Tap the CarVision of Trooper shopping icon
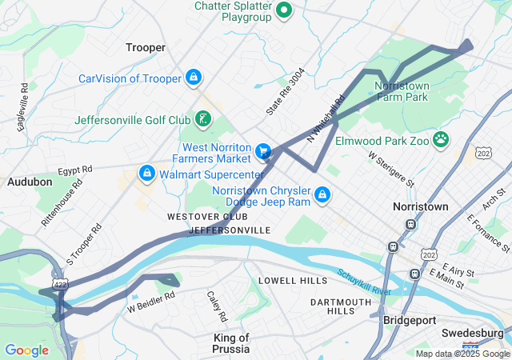point(193,78)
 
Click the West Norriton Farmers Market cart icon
point(262,150)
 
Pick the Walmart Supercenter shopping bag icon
point(146,173)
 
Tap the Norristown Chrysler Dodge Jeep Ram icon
point(322,194)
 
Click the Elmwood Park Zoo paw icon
point(440,140)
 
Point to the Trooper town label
point(146,47)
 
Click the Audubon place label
point(30,182)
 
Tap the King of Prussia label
point(232,343)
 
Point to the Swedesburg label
point(472,332)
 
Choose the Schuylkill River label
point(364,282)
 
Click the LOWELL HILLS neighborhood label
point(293,281)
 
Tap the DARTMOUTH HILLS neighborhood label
point(341,306)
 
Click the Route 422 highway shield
point(60,285)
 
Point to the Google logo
point(26,350)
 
